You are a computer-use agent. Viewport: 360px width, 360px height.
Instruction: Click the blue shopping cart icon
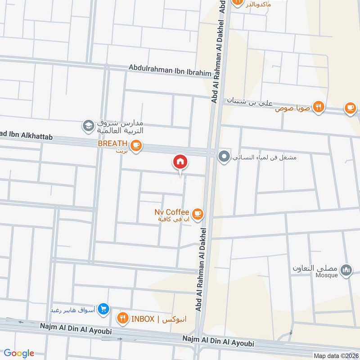click(104, 308)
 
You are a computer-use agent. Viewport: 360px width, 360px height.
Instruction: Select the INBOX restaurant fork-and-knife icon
click(122, 319)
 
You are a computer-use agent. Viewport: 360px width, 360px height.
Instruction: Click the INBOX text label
click(143, 319)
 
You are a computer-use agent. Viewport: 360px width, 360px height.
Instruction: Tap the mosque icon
click(346, 270)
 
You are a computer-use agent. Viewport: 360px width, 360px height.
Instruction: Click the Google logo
click(19, 353)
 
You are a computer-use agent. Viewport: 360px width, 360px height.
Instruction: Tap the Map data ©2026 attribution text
click(335, 355)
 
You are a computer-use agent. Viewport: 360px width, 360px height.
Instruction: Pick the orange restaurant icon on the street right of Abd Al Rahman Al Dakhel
click(319, 107)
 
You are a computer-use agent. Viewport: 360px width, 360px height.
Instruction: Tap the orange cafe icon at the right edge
click(350, 108)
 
